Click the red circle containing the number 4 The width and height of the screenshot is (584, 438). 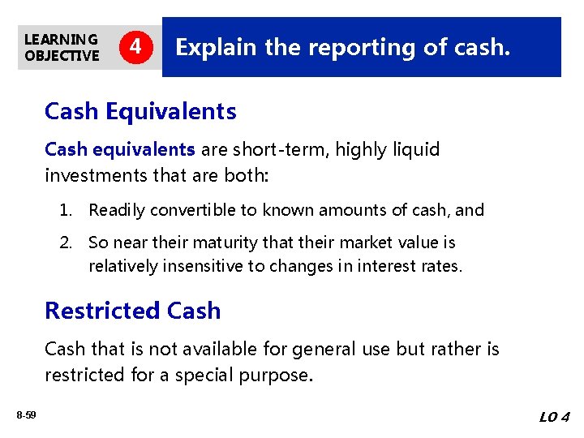[137, 47]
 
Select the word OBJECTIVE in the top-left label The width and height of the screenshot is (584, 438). [62, 55]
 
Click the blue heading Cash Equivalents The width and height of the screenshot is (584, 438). [140, 111]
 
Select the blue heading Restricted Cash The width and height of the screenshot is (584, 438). [132, 311]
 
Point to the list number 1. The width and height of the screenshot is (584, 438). [65, 210]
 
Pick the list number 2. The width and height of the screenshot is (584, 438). [65, 243]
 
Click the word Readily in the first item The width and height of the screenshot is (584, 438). [115, 210]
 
